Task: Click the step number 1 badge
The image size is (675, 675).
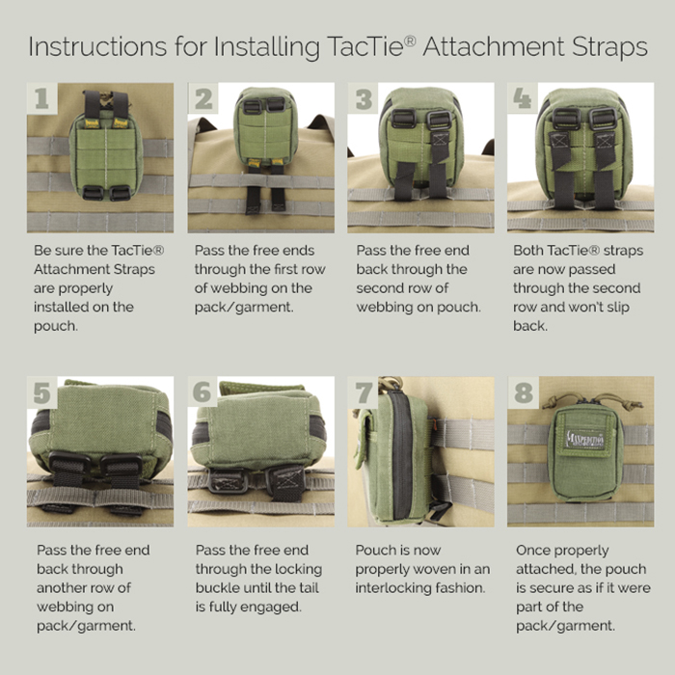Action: [40, 97]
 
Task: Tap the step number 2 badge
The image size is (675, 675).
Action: [203, 98]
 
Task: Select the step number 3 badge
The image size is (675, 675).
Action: [364, 98]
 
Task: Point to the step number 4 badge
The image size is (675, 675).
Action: [523, 97]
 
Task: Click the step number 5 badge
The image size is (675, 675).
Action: [41, 392]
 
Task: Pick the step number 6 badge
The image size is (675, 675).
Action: [202, 392]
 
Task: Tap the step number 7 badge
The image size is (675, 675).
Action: [364, 392]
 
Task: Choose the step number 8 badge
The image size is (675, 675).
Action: [523, 392]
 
